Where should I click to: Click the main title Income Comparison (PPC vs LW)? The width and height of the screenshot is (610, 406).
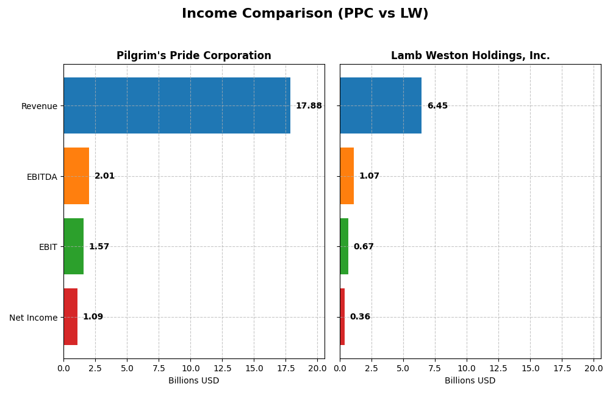[x=305, y=13]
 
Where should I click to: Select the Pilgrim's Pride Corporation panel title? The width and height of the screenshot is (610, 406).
[x=194, y=56]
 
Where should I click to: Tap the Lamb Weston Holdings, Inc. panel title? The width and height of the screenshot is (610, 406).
[x=470, y=56]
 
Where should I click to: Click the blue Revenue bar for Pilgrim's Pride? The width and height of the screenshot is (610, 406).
[x=177, y=105]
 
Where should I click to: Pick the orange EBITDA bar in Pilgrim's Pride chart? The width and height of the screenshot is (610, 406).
[x=76, y=176]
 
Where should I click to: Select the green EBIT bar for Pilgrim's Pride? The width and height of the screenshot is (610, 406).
[x=73, y=247]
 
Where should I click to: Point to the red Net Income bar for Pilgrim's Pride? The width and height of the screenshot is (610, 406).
[x=70, y=317]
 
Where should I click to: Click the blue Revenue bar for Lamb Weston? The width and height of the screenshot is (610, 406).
[x=381, y=105]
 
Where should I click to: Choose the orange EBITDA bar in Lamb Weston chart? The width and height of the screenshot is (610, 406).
[x=346, y=176]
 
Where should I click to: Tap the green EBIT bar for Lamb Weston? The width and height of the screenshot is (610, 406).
[x=344, y=247]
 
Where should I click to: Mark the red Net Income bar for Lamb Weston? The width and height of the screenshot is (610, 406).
[x=342, y=317]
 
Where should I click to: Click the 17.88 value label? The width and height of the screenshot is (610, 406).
[x=309, y=106]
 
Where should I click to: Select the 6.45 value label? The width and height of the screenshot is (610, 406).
[x=437, y=106]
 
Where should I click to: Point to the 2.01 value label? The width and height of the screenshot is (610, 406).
[x=104, y=176]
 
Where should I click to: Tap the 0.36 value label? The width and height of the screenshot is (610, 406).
[x=360, y=317]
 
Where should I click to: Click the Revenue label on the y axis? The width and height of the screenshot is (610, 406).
[x=39, y=106]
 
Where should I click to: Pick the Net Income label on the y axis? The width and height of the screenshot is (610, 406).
[x=33, y=318]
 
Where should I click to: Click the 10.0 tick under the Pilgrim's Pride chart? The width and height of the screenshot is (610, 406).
[x=190, y=368]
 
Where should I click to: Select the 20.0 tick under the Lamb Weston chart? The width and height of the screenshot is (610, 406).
[x=594, y=368]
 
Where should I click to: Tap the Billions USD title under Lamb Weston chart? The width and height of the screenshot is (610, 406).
[x=470, y=381]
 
